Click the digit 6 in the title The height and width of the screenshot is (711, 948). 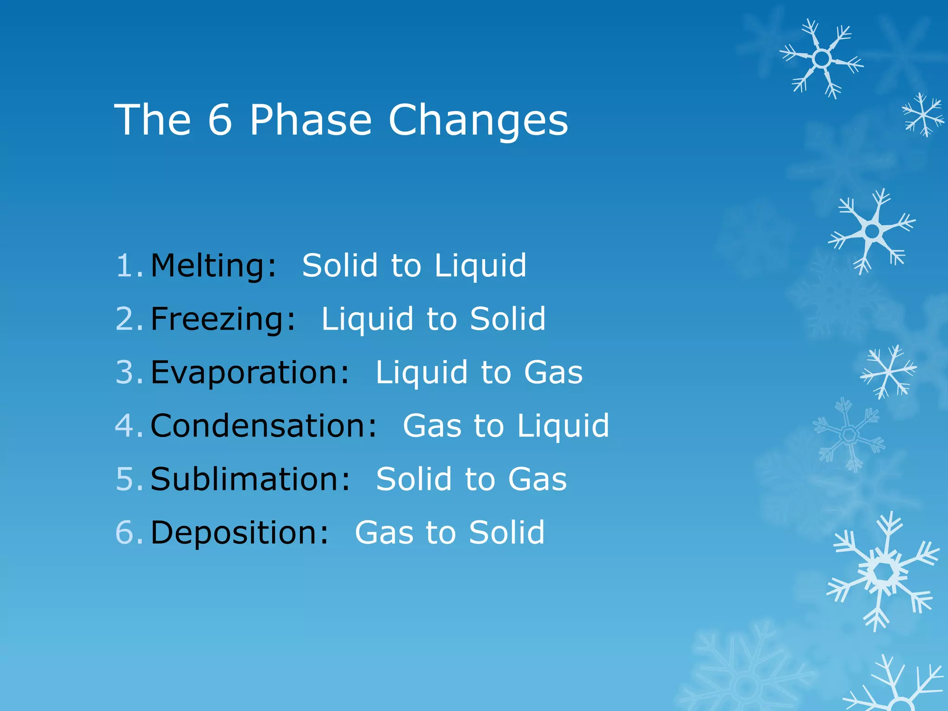point(219,120)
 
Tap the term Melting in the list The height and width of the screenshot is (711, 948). point(213,266)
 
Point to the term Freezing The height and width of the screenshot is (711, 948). point(223,319)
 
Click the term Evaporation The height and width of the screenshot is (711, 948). point(250,373)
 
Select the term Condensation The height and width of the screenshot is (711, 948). point(264,426)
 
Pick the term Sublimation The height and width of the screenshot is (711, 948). point(250,479)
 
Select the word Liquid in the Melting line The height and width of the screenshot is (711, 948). point(480,267)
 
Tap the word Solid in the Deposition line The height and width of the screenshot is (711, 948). point(506,532)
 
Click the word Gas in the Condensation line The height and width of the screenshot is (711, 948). point(432,426)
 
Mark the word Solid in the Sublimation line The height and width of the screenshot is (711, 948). point(414,479)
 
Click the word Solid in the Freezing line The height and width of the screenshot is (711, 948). point(508,319)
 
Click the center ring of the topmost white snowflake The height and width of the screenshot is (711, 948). point(822,59)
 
